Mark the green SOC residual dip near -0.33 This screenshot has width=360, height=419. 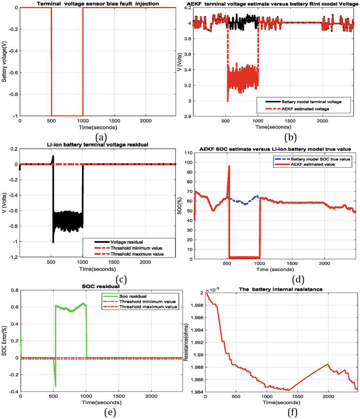pyautogui.click(x=56, y=386)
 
